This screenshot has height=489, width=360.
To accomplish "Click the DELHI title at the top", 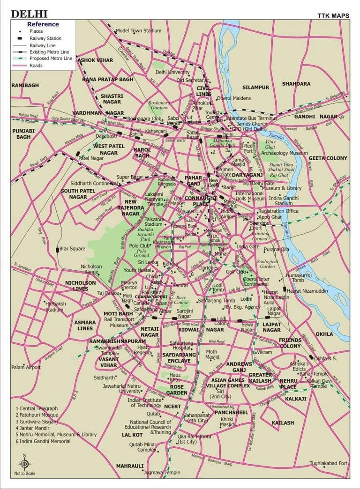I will [x=29, y=14].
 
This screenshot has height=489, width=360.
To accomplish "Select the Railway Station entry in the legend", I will [x=45, y=38].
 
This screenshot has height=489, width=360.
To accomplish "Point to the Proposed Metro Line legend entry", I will [x=51, y=59].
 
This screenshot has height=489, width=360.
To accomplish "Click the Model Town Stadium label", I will [x=138, y=31].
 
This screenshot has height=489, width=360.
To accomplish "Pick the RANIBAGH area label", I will [x=25, y=86].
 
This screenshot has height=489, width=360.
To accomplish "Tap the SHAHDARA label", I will [x=296, y=84].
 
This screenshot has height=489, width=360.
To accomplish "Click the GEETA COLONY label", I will [x=328, y=158].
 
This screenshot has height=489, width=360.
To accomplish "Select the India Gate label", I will [x=247, y=247].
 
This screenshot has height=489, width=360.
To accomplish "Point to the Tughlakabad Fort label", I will [x=328, y=464].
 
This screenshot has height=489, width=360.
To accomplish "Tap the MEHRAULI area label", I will [x=130, y=466].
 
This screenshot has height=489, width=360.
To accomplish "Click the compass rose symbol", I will [x=25, y=464].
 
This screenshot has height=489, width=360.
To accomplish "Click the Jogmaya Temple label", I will [x=162, y=473].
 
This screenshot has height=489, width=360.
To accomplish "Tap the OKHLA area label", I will [x=324, y=334].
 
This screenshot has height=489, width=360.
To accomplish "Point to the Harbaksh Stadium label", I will [x=53, y=307].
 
